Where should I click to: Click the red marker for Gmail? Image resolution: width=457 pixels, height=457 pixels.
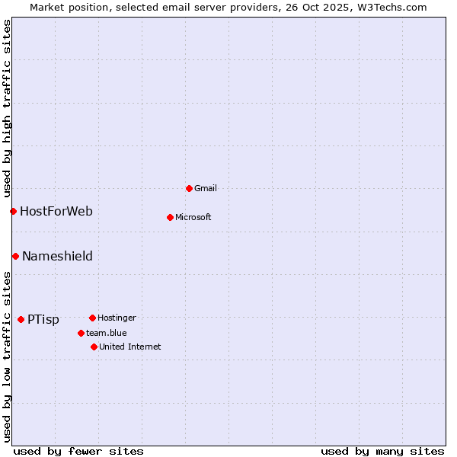click(x=189, y=188)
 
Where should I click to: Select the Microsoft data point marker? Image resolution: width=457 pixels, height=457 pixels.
click(x=170, y=217)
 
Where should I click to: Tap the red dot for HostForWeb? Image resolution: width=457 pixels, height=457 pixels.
click(x=13, y=211)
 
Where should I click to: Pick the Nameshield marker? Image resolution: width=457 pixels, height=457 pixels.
click(x=15, y=256)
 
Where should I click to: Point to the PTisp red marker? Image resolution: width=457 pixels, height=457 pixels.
click(x=21, y=319)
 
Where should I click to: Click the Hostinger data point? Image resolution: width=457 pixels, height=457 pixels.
click(x=92, y=318)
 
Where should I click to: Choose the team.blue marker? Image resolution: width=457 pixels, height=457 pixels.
click(x=81, y=333)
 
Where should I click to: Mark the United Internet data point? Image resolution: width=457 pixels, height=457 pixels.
click(x=94, y=347)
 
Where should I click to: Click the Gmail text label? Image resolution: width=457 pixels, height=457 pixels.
click(x=206, y=188)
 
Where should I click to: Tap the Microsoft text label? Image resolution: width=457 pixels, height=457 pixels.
click(x=193, y=217)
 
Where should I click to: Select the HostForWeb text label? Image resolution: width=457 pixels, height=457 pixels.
click(x=56, y=211)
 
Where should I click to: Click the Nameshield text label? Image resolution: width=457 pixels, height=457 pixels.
click(x=57, y=256)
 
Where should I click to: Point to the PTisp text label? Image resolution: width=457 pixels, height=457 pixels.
click(x=43, y=319)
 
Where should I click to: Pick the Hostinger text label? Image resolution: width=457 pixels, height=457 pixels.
click(x=117, y=318)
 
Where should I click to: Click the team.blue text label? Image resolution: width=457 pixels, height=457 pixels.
click(x=107, y=333)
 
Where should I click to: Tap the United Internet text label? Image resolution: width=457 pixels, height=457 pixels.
click(x=130, y=347)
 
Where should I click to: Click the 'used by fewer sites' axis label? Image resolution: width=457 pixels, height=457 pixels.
click(x=78, y=451)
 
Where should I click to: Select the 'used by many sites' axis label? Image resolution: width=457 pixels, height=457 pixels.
click(x=382, y=451)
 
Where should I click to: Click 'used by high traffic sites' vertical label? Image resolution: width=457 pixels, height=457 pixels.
click(x=7, y=107)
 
